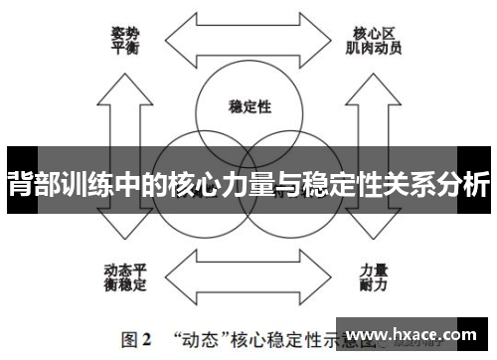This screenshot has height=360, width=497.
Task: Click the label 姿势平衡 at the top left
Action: click(x=124, y=38)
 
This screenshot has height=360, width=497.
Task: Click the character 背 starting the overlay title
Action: click(x=18, y=186)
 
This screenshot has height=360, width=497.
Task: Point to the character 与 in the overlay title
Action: click(x=288, y=186)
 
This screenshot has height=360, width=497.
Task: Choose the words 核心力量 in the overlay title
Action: click(x=206, y=186)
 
